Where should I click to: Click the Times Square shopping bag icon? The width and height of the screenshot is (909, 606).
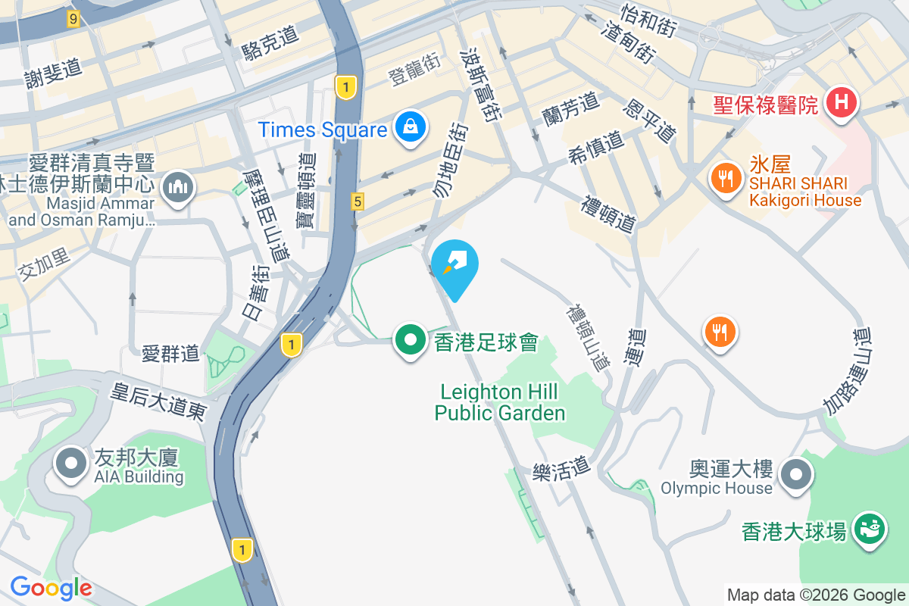[x=410, y=127]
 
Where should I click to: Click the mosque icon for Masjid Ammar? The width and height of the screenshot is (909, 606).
[x=177, y=186]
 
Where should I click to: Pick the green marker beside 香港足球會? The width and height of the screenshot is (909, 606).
[x=411, y=341]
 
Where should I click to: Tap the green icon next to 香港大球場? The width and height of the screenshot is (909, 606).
[x=870, y=529]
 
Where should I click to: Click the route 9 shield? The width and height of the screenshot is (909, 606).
[x=73, y=20]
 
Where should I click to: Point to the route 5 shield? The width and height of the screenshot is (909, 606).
[x=358, y=201]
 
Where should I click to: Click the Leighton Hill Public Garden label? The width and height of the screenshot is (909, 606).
[x=500, y=402]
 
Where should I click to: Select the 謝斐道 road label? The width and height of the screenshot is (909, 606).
[x=53, y=73]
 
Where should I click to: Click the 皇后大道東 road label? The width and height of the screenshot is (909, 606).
[x=158, y=401]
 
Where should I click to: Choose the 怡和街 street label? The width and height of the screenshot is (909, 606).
[x=648, y=20]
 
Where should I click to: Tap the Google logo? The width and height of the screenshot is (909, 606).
[x=51, y=587]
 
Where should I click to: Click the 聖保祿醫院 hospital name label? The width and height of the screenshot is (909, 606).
[x=766, y=104]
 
